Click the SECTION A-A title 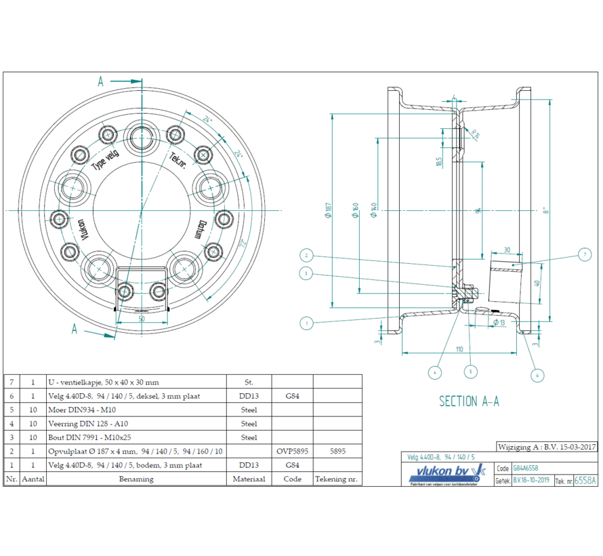(469, 401)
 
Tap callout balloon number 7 (585, 255)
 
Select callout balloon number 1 (306, 323)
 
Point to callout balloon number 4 (434, 372)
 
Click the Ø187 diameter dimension (327, 212)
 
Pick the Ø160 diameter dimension (354, 212)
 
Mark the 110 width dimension (459, 349)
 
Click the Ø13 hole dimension (499, 323)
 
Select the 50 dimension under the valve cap (142, 317)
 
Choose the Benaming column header (136, 479)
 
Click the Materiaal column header (249, 479)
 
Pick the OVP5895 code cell (292, 451)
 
